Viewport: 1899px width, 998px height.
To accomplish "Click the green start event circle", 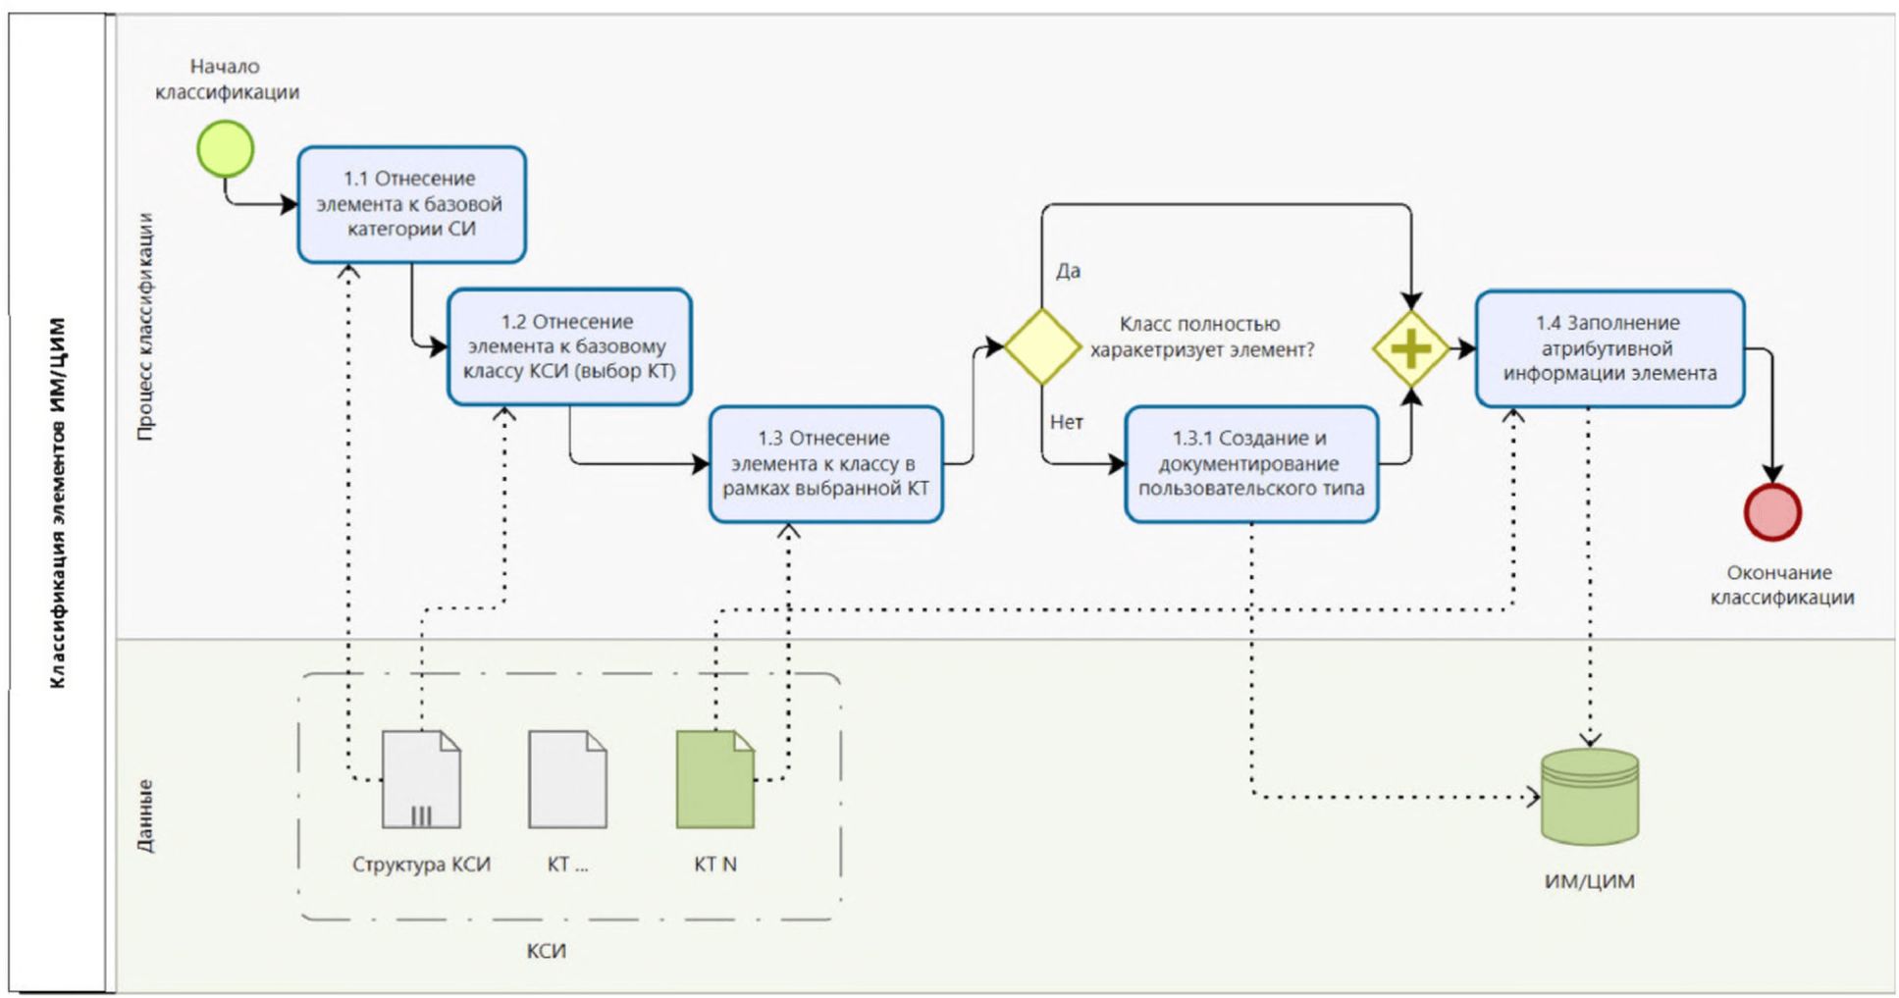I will coord(225,149).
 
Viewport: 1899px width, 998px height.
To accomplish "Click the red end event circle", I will coord(1771,511).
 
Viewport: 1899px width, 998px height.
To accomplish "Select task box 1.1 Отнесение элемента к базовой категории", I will coord(411,204).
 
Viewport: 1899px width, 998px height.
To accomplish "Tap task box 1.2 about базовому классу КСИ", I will coord(569,346).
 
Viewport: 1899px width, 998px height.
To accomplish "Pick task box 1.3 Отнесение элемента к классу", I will coord(825,463).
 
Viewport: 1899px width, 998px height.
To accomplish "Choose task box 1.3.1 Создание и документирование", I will coord(1251,463).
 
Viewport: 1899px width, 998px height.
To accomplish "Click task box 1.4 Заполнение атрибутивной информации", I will coord(1609,348).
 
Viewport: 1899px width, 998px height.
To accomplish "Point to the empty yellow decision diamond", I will coord(1041,346).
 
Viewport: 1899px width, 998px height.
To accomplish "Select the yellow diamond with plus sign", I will coord(1410,348).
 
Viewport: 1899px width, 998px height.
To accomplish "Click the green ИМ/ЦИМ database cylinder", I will coord(1589,796).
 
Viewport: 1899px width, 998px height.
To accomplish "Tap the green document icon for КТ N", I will coord(714,779).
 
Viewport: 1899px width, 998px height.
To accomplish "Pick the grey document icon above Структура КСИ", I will coord(421,779).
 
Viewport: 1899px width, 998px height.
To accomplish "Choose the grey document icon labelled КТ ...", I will coord(567,779).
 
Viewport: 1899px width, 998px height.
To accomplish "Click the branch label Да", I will coord(1068,271).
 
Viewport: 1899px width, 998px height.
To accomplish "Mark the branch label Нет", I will coord(1067,422).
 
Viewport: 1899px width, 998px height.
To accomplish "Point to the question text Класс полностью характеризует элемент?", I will coord(1201,337).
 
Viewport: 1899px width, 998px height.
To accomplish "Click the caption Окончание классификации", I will coord(1781,585).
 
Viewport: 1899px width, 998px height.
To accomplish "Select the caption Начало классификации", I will coord(227,79).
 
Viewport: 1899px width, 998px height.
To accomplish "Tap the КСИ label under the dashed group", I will coord(546,951).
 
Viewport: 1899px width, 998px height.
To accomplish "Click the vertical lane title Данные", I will coord(145,815).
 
